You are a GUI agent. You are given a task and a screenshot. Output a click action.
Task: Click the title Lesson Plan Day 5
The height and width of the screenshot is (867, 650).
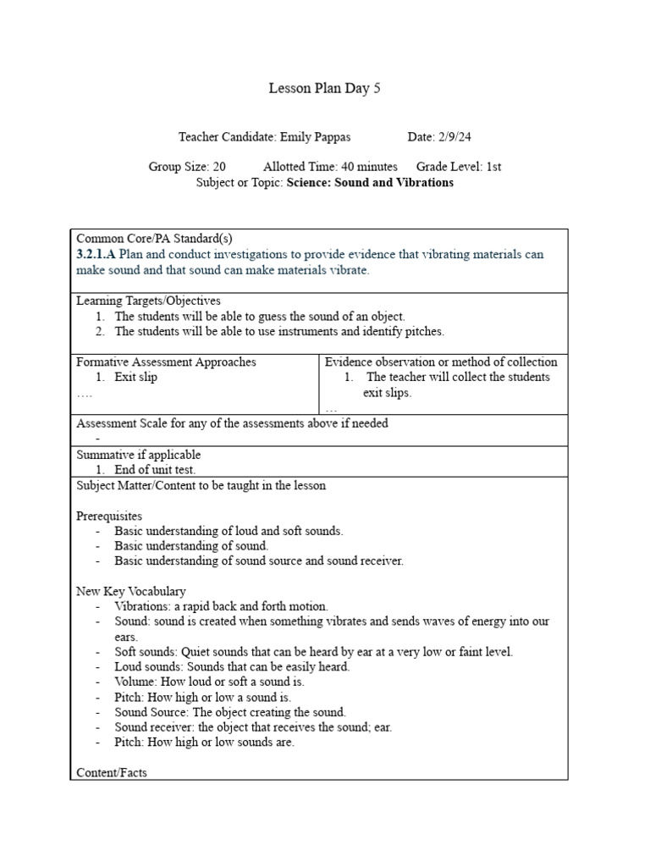[x=324, y=88]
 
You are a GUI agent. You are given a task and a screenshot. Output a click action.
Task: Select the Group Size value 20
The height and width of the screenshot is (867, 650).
[x=218, y=167]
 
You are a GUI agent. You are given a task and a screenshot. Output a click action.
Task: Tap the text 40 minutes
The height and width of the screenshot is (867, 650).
[x=371, y=167]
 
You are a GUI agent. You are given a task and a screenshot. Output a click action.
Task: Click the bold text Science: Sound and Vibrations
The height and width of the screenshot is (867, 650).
[x=370, y=182]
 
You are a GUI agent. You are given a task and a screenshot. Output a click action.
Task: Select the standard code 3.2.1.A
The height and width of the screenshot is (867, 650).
[x=96, y=254]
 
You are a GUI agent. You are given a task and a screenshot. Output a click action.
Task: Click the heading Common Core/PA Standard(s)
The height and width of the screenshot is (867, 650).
[x=148, y=239]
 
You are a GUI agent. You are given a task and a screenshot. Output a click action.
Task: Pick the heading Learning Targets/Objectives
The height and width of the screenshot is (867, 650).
[x=148, y=301]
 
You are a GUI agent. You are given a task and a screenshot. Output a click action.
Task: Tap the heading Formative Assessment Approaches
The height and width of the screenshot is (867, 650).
[x=166, y=362]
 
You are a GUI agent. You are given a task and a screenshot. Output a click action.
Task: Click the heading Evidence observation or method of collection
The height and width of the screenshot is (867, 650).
[x=441, y=362]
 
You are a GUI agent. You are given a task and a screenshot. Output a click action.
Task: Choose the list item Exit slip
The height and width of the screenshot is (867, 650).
[x=135, y=377]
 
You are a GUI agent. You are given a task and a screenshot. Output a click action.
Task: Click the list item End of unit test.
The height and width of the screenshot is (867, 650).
[x=155, y=469]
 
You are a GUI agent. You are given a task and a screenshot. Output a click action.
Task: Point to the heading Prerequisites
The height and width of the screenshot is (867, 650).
[x=109, y=516]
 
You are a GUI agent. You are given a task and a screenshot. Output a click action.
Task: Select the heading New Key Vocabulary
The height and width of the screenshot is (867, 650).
[x=131, y=591]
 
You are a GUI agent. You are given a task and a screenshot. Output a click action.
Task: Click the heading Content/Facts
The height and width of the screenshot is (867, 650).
[x=111, y=772]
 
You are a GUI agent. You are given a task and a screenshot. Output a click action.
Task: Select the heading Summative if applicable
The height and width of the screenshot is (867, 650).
[x=139, y=455]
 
